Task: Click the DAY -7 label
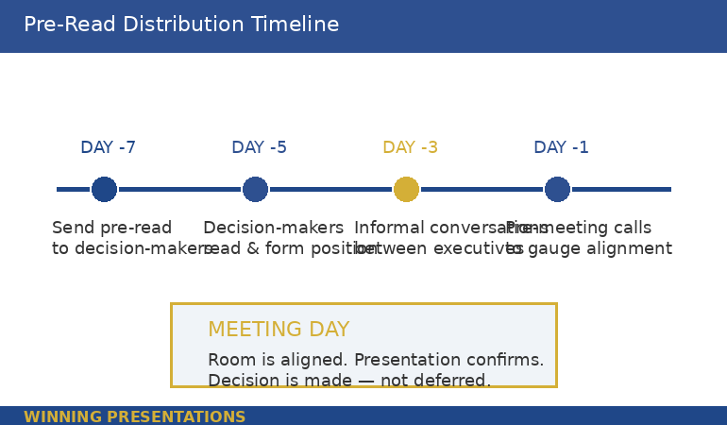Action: point(108,147)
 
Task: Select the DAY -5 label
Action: point(259,147)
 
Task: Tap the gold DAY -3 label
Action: point(410,147)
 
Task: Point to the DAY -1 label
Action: point(561,147)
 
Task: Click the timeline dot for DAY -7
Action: point(104,189)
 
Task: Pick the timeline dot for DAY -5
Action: point(255,189)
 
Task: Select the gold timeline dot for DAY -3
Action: point(406,189)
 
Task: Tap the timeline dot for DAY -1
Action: point(557,189)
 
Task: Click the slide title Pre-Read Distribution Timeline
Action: point(181,25)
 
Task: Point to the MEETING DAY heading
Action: point(279,330)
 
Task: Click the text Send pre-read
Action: point(111,228)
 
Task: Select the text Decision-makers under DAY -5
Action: point(273,228)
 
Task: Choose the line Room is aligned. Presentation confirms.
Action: point(376,360)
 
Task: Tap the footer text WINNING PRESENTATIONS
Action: point(134,416)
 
